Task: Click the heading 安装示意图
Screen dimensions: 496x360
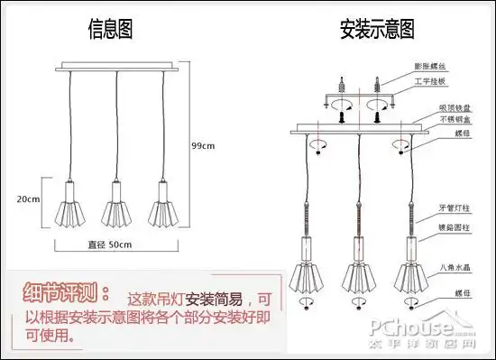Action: [376, 30]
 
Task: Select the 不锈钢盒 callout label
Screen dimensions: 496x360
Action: [431, 119]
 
